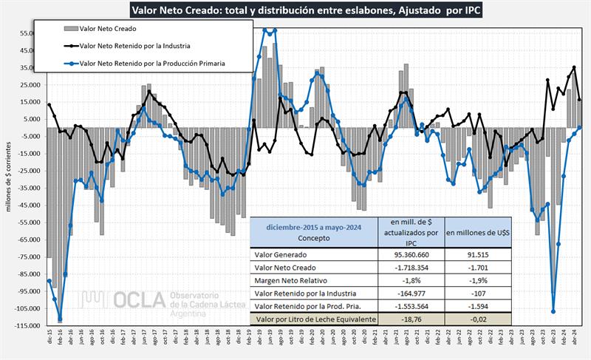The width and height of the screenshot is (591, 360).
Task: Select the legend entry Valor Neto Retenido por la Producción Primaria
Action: pos(151,64)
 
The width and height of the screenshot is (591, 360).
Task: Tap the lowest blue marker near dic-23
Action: pos(553,311)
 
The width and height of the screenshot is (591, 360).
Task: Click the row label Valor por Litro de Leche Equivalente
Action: pos(314,319)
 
